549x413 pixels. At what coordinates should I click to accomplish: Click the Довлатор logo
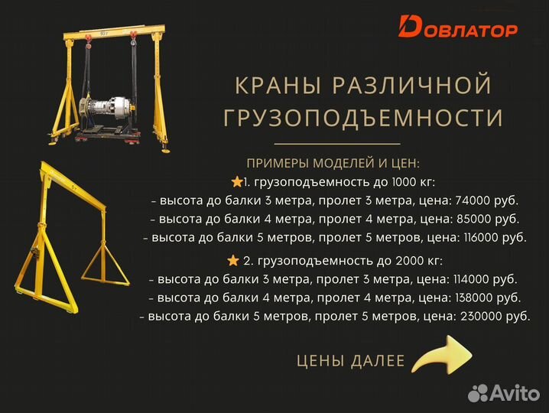[458, 28]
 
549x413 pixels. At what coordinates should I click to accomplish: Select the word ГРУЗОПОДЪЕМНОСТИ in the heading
[363, 119]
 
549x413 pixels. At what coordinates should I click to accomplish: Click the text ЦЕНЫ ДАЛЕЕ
[350, 361]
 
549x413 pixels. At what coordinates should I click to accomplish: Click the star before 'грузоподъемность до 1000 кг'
[236, 182]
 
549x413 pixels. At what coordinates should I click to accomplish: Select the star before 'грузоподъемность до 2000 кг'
[232, 260]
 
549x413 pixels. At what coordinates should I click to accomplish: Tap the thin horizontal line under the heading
[337, 144]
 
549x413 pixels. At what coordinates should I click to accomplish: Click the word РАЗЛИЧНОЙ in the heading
[413, 86]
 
